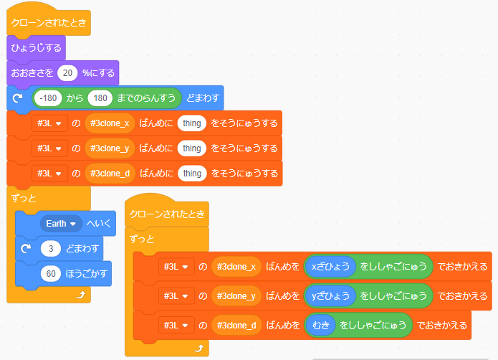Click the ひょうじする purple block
(36, 49)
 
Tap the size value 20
(67, 73)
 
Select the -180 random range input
(49, 98)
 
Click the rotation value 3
(51, 249)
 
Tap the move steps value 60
(51, 274)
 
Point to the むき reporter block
(320, 325)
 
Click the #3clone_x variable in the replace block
(236, 267)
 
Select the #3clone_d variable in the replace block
(236, 325)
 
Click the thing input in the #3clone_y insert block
(191, 148)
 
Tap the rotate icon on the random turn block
(19, 98)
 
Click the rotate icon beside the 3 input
(26, 249)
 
